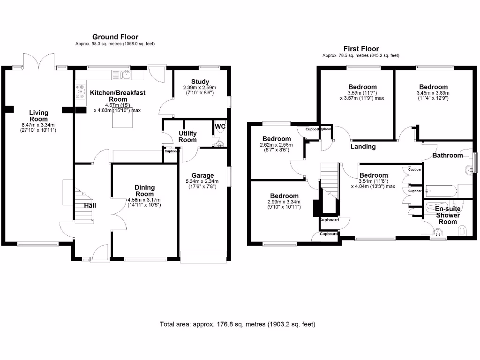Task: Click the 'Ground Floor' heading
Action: pyautogui.click(x=115, y=37)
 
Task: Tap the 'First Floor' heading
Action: pyautogui.click(x=361, y=49)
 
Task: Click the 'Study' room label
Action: pyautogui.click(x=200, y=82)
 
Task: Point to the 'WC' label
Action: pyautogui.click(x=220, y=126)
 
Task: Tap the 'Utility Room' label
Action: pyautogui.click(x=187, y=136)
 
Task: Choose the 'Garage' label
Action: pyautogui.click(x=202, y=176)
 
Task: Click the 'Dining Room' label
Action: pyautogui.click(x=144, y=191)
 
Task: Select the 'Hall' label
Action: pyautogui.click(x=90, y=205)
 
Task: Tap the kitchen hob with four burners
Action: pyautogui.click(x=79, y=91)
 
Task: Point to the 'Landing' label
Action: pyautogui.click(x=363, y=147)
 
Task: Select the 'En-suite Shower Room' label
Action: pyautogui.click(x=448, y=215)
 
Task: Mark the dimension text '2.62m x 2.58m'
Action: pyautogui.click(x=277, y=145)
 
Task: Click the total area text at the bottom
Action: pyautogui.click(x=238, y=324)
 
